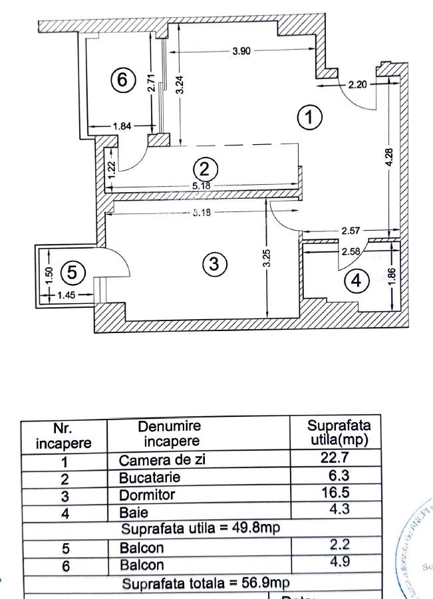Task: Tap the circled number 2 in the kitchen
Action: pyautogui.click(x=205, y=168)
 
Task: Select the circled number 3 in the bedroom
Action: pyautogui.click(x=214, y=265)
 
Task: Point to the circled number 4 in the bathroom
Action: pyautogui.click(x=357, y=282)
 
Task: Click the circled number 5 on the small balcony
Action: pyautogui.click(x=72, y=273)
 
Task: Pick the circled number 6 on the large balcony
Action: pyautogui.click(x=122, y=80)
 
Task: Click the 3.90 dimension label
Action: pyautogui.click(x=241, y=52)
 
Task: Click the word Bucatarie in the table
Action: pyautogui.click(x=150, y=477)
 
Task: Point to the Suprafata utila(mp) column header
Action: pyautogui.click(x=339, y=432)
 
